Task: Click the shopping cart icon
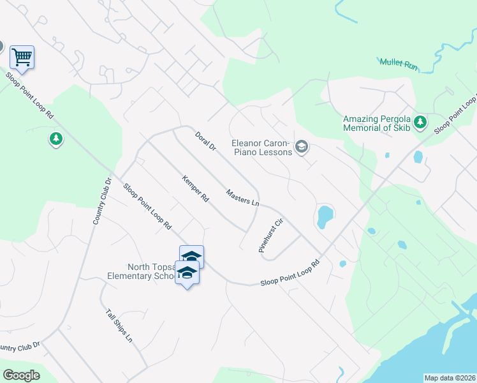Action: (22, 57)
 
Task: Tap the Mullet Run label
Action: (399, 63)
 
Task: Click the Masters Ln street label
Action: (242, 197)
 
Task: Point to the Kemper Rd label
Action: (195, 188)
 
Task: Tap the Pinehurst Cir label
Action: (270, 237)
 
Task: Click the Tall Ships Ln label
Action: (119, 325)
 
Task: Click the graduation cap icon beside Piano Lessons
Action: (302, 148)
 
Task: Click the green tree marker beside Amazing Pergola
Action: (420, 122)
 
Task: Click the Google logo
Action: (21, 375)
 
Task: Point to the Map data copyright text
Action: (450, 378)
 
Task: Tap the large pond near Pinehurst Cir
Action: (325, 216)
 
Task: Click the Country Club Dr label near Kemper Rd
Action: (102, 202)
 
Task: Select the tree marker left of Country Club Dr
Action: (56, 138)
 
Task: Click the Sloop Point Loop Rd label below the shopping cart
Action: (30, 97)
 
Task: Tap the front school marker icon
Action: (187, 273)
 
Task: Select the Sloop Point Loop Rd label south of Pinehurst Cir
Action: (290, 273)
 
